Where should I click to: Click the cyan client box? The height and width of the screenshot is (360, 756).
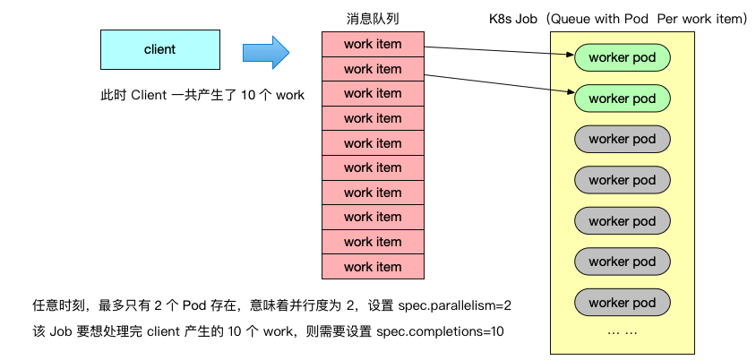point(159,50)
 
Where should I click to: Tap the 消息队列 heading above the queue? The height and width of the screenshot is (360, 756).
point(373,19)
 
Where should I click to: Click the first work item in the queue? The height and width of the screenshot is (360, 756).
point(373,44)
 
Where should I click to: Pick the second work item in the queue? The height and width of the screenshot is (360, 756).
point(373,69)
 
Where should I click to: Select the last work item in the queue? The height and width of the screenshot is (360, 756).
point(373,266)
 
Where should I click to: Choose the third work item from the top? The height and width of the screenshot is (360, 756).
point(373,93)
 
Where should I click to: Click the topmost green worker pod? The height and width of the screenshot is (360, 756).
point(622,57)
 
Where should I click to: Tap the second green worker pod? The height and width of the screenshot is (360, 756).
point(622,98)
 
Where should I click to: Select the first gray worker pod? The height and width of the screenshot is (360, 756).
point(622,139)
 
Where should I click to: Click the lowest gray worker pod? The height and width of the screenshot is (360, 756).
point(622,302)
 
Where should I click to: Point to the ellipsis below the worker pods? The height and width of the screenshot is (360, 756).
point(622,331)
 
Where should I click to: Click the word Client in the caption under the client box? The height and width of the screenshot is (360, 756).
point(149,96)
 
